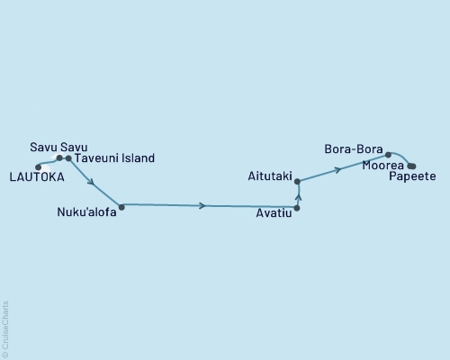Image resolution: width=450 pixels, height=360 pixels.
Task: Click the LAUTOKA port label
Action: point(35,178)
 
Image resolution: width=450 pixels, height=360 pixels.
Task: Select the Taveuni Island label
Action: point(114,158)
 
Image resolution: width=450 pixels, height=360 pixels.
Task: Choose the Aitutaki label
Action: point(269,177)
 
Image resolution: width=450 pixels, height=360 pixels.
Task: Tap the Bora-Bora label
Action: point(354,148)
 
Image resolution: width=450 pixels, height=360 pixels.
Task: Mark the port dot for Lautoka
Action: point(38,166)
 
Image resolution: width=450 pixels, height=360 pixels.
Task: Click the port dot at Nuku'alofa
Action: point(121,206)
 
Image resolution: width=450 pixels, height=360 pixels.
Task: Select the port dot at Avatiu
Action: point(297,208)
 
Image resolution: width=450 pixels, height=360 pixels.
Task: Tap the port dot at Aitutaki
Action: point(297,182)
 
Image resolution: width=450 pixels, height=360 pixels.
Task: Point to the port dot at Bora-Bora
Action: point(389,155)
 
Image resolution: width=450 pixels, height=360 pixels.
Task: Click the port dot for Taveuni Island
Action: point(68,158)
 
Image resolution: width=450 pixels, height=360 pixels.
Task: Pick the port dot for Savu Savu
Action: point(59,158)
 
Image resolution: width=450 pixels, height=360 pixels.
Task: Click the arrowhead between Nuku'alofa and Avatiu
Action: point(203,206)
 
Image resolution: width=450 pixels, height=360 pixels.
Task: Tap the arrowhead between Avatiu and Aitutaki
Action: point(297,193)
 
